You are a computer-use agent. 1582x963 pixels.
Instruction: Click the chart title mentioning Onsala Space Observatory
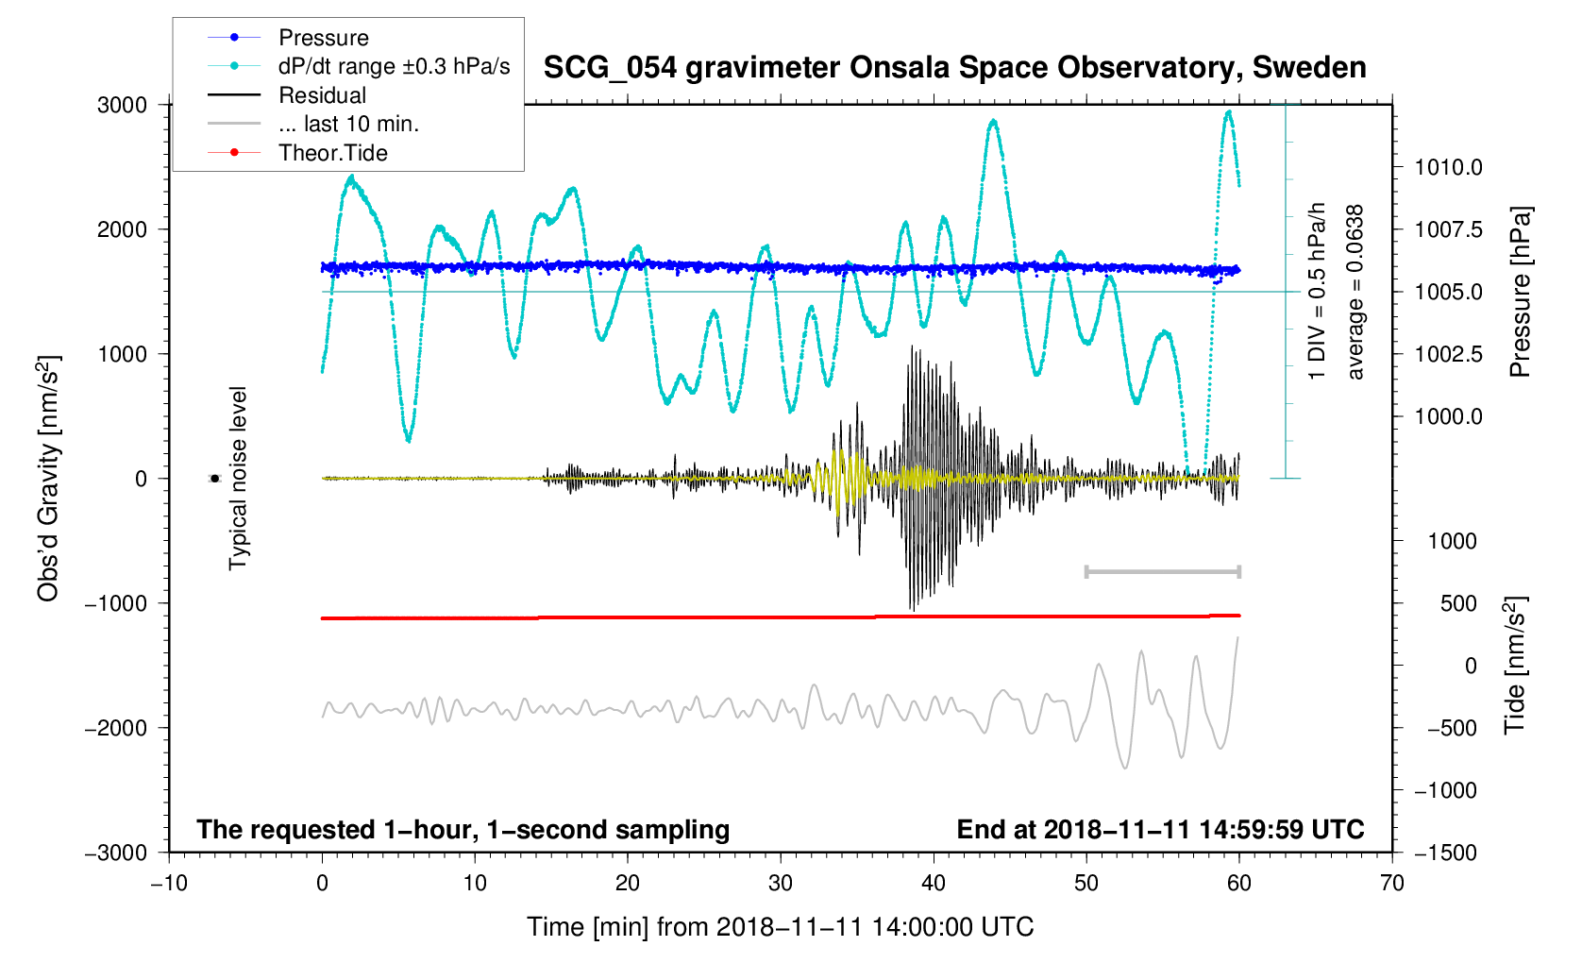pos(954,68)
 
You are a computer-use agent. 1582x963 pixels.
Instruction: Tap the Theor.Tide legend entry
pos(297,153)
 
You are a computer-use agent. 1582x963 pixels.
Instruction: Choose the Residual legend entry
pos(287,95)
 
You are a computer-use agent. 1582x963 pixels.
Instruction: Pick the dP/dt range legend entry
pos(359,66)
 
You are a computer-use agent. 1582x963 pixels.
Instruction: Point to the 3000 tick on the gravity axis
pos(122,106)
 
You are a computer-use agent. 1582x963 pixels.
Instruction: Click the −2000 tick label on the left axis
pos(116,728)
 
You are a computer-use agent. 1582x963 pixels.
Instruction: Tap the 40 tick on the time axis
pos(933,883)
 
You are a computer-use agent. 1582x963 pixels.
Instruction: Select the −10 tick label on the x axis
pos(169,883)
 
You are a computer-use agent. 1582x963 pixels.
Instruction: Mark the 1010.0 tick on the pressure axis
pos(1449,167)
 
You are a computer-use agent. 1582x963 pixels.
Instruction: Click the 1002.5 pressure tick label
pos(1449,354)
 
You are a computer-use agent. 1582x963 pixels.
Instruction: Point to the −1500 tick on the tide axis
pos(1445,853)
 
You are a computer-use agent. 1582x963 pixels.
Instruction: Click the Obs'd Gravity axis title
pos(48,479)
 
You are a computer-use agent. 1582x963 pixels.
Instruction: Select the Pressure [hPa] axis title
pos(1520,292)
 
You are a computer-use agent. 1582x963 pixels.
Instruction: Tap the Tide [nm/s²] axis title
pos(1515,666)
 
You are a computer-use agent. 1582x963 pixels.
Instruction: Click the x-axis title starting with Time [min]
pos(781,927)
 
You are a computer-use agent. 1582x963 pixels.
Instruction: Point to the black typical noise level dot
pos(214,479)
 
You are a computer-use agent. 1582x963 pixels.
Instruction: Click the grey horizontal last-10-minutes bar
pos(1163,571)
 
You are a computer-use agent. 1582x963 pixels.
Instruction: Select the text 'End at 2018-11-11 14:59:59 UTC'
pos(1160,830)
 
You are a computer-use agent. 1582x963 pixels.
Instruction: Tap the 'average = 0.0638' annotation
pos(1355,292)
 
